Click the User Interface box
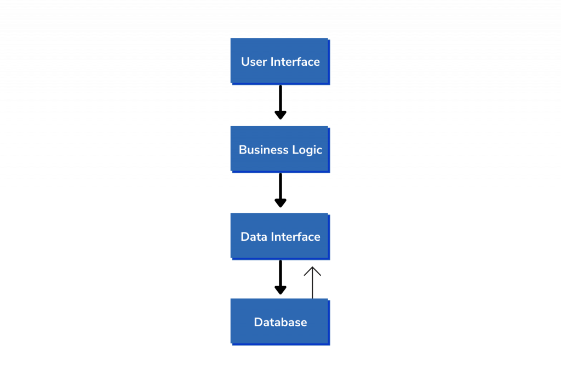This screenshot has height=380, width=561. (x=280, y=61)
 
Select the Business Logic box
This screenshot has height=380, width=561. (x=280, y=149)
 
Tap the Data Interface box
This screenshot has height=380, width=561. (x=280, y=236)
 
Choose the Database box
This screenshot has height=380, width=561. (x=280, y=322)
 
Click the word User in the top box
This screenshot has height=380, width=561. (x=254, y=61)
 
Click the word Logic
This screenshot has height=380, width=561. (x=307, y=150)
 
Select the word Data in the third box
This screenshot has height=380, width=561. (x=254, y=237)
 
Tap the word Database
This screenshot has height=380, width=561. (x=280, y=322)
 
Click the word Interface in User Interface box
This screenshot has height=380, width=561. (x=295, y=61)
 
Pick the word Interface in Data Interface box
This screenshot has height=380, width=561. (x=295, y=237)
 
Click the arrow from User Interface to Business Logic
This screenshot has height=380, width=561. (x=280, y=102)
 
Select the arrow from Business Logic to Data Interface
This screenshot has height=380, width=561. (x=280, y=190)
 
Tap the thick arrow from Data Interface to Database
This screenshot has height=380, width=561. (x=280, y=277)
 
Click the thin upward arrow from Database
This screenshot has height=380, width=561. (x=312, y=282)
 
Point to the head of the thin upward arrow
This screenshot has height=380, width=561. (x=312, y=267)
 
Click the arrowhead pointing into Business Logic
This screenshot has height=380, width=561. (x=280, y=115)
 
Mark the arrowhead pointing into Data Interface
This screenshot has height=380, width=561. (x=280, y=203)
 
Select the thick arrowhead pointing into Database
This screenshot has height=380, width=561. (x=280, y=290)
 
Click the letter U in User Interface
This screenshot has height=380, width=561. (x=245, y=62)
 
